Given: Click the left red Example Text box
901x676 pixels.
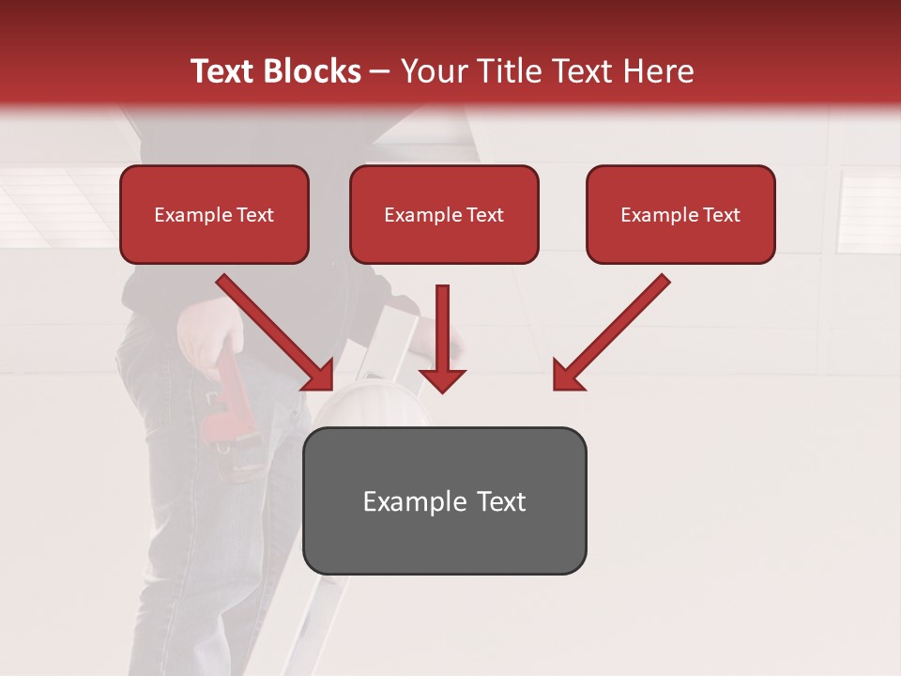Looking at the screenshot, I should click(214, 215).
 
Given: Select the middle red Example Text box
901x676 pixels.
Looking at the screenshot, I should click(444, 215).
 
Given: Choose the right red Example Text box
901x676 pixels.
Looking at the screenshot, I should click(680, 215).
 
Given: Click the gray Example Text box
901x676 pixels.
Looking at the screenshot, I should click(444, 500).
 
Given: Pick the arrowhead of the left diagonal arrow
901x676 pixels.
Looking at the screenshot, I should click(318, 375).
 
